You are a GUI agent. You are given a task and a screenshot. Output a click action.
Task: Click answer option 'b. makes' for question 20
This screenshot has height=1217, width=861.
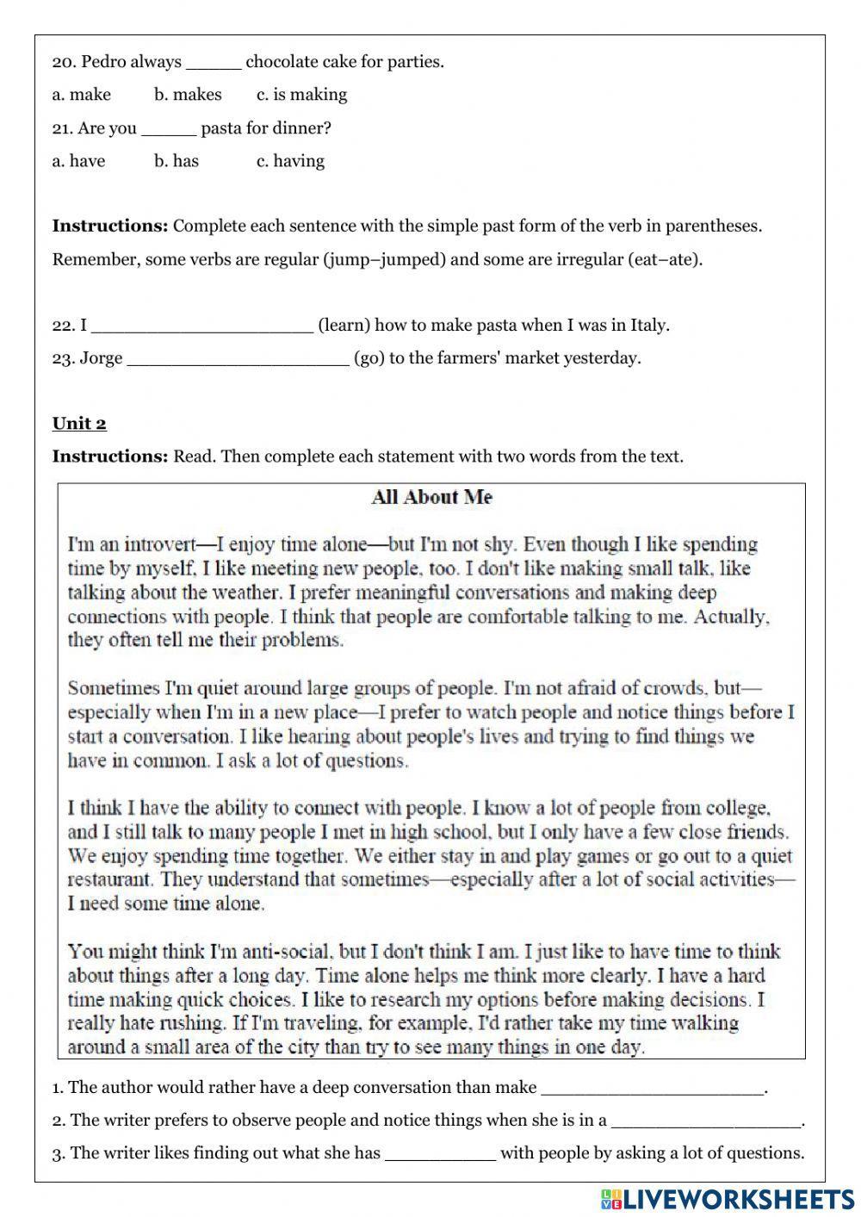[x=188, y=95]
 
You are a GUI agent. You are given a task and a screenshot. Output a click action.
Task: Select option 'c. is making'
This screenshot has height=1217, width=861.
[x=301, y=95]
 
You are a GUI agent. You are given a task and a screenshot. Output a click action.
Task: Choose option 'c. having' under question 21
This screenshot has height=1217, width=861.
[x=290, y=161]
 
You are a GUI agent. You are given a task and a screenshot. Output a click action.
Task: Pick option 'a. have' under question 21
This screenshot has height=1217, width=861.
[x=78, y=161]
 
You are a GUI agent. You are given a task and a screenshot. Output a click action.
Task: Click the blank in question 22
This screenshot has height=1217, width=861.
[x=201, y=326]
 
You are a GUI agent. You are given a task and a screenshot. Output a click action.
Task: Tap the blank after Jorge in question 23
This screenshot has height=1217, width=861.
[x=238, y=358]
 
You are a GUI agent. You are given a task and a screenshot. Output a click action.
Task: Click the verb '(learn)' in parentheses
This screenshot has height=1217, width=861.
[x=344, y=326]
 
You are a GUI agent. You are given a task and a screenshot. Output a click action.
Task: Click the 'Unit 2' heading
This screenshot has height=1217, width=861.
[x=79, y=423]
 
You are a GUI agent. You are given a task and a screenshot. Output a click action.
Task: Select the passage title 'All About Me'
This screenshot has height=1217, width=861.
[x=431, y=497]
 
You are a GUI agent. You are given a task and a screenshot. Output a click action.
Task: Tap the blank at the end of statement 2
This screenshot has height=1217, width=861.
[x=706, y=1121]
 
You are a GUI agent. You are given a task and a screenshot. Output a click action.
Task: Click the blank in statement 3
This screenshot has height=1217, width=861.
[x=440, y=1153]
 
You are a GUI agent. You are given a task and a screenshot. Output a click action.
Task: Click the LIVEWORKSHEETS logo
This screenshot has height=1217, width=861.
[x=728, y=1198]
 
